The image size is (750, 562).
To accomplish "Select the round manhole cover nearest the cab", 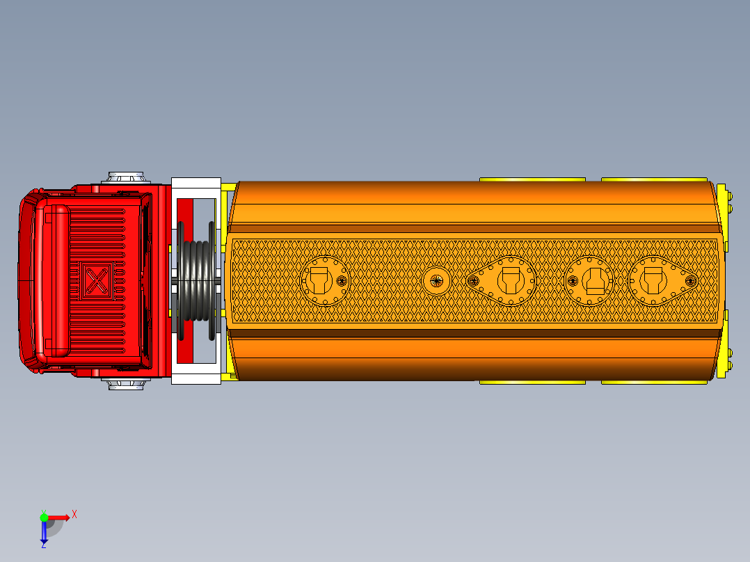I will [x=324, y=280].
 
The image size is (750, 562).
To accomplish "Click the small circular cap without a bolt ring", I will [x=437, y=281].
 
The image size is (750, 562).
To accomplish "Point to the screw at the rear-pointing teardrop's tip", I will [x=691, y=280].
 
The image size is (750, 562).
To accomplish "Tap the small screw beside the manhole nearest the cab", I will [x=342, y=280].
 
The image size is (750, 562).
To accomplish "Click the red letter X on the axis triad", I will [x=74, y=514].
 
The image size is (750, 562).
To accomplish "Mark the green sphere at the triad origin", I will [x=44, y=517].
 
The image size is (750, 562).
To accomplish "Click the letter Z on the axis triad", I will [x=43, y=546].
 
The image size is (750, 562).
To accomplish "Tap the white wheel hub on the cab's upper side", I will [x=126, y=177].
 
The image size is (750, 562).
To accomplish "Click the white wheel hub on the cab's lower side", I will [x=127, y=384].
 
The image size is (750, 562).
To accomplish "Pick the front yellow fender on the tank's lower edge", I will [x=532, y=381].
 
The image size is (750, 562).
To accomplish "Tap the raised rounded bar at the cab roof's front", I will [x=57, y=280].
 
